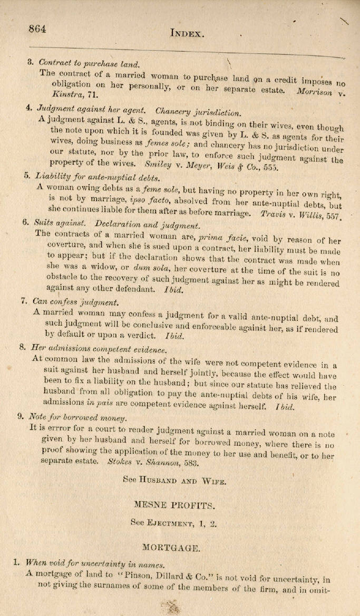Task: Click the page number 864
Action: [x=37, y=29]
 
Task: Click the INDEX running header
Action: [x=187, y=33]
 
